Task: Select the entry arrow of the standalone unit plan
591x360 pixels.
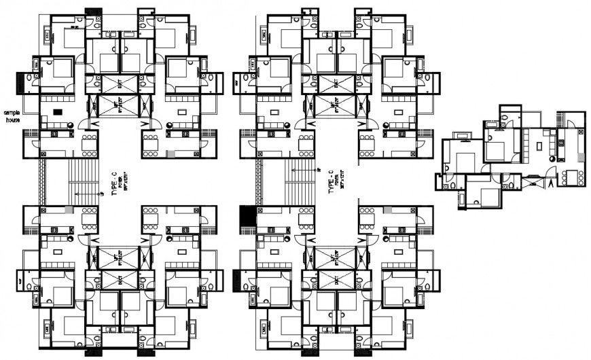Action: click(x=548, y=181)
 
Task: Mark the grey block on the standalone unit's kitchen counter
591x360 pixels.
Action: click(x=561, y=142)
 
